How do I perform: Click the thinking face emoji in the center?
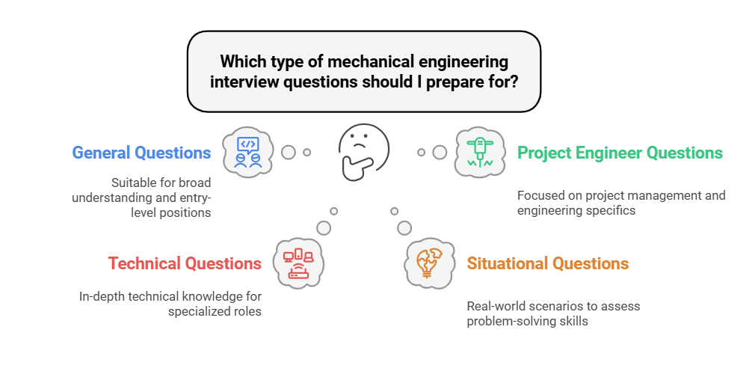pos(363,152)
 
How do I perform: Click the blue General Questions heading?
pos(141,153)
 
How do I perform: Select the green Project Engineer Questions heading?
pos(620,153)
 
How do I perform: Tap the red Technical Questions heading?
pos(185,263)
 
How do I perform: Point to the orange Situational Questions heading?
pos(547,263)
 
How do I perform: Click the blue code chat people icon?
pos(248,152)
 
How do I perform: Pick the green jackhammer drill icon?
pos(480,152)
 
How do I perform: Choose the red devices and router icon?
pos(298,263)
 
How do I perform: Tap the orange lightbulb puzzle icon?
pos(429,263)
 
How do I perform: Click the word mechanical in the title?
pos(371,61)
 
